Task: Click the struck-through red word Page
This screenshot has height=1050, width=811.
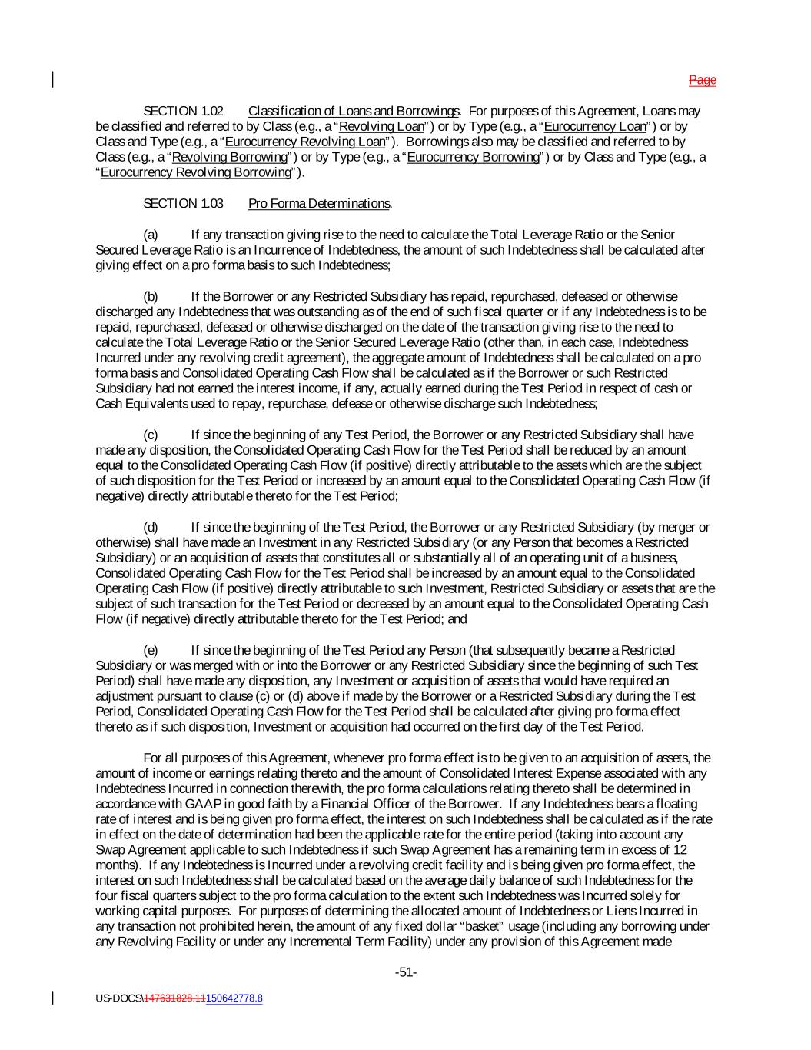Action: (702, 80)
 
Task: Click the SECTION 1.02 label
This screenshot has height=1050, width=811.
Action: (183, 111)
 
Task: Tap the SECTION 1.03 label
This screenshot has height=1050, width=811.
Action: (183, 203)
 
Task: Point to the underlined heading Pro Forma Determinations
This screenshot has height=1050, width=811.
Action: (319, 203)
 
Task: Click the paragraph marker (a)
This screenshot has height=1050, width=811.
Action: (151, 235)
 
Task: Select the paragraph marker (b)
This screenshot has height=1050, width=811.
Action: (151, 296)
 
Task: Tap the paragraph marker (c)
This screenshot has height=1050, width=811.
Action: (151, 435)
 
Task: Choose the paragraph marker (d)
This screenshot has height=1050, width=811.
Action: (151, 527)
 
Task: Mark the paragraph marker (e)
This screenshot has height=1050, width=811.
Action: (151, 650)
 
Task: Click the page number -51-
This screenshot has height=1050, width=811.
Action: (406, 972)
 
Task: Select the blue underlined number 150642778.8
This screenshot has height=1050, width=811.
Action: (234, 998)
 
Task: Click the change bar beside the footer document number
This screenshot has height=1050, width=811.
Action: (52, 998)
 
